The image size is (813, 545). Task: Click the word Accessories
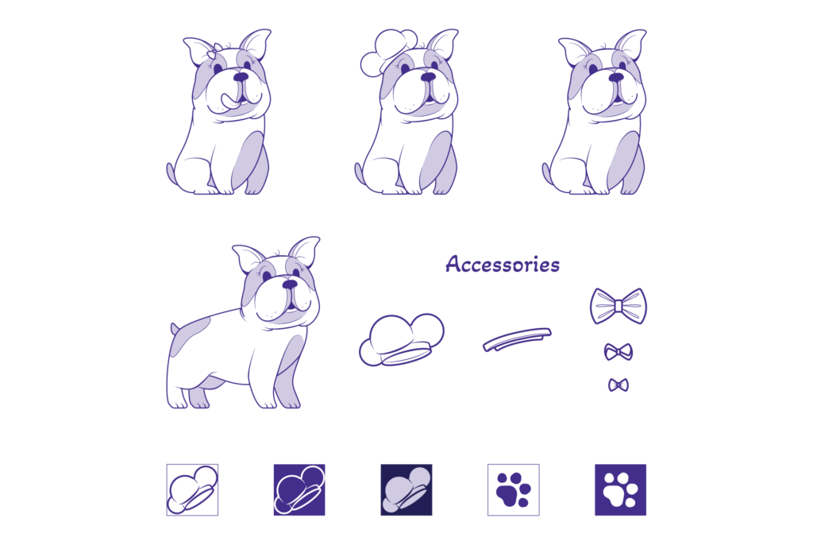point(502,265)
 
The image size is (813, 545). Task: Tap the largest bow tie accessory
point(618,306)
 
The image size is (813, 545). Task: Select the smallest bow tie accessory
point(618,385)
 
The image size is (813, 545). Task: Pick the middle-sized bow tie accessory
point(618,350)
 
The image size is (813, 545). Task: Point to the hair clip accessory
point(517,339)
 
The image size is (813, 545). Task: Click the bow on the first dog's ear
point(214,50)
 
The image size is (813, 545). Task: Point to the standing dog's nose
point(290,284)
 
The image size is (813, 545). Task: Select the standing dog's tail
point(175,328)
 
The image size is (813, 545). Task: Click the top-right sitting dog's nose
point(615,77)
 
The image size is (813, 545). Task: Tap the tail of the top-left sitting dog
point(171,172)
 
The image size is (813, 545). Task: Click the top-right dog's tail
point(547,172)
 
